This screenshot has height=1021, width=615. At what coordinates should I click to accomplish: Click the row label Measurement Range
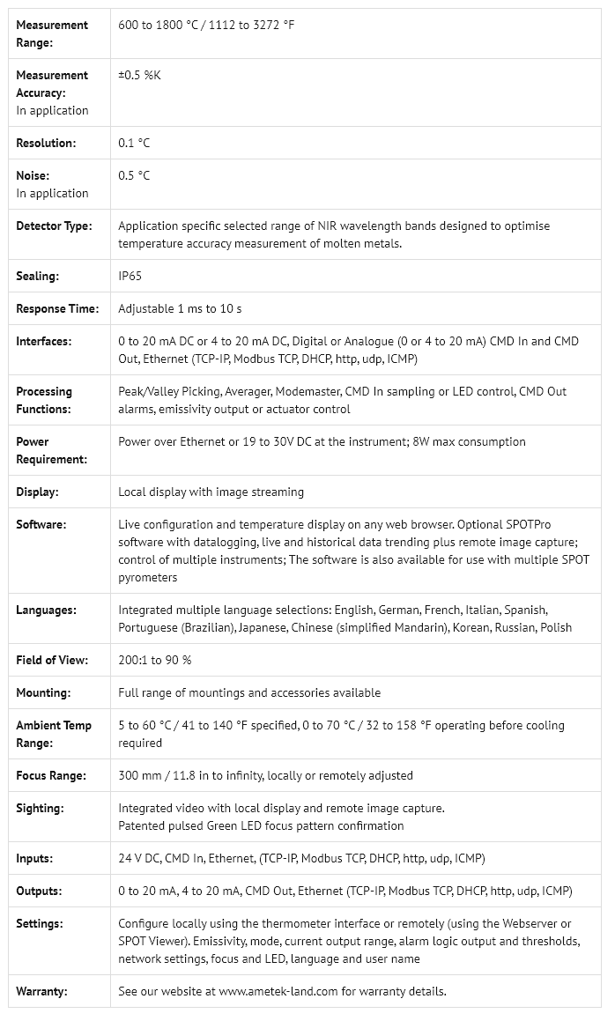[x=52, y=33]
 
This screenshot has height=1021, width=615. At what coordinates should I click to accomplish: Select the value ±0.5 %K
[x=139, y=76]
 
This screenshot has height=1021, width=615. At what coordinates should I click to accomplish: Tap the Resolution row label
[x=46, y=143]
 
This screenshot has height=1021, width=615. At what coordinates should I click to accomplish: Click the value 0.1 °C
[x=134, y=143]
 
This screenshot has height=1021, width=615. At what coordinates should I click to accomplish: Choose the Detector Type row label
[x=54, y=226]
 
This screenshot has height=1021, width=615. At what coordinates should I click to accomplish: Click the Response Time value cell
[x=180, y=309]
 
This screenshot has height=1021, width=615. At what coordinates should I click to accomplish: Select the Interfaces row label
[x=44, y=342]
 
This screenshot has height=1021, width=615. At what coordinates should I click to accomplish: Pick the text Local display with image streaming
[x=211, y=492]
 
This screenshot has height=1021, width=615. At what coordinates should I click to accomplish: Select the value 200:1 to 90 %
[x=154, y=661]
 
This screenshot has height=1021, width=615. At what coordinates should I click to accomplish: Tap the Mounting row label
[x=43, y=693]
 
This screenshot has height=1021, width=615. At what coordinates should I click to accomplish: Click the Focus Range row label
[x=51, y=776]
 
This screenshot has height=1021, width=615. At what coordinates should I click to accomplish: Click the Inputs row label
[x=34, y=859]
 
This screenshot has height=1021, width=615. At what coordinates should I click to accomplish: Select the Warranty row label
[x=41, y=992]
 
